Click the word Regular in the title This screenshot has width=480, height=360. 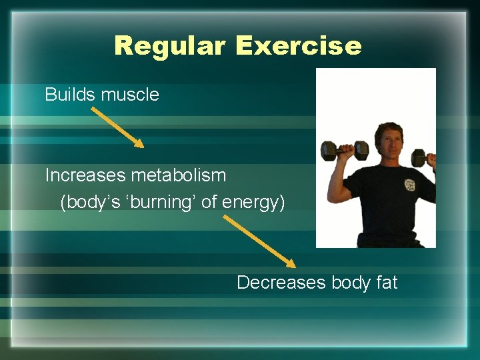[170, 46]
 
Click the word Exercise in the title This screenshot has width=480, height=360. [298, 46]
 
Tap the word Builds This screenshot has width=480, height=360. [70, 95]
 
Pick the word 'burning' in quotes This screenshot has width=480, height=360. [159, 202]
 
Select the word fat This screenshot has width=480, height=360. [387, 283]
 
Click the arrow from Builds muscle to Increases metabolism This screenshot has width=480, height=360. [117, 127]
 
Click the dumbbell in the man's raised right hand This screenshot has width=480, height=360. [344, 151]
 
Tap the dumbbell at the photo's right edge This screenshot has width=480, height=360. [423, 158]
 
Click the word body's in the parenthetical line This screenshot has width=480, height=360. [86, 203]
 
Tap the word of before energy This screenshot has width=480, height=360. [209, 202]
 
